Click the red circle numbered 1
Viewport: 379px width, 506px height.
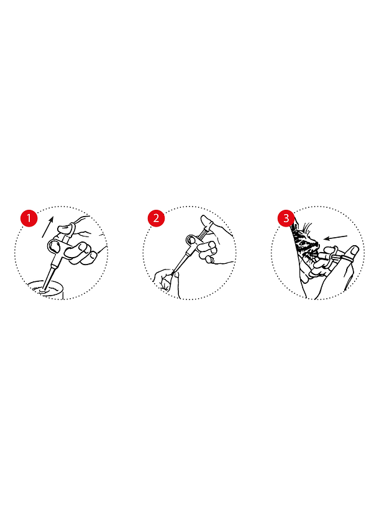pos(29,218)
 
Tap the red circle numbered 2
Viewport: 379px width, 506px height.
pos(157,218)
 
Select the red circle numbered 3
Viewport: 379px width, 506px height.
pos(286,218)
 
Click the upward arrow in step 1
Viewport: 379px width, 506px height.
pos(47,227)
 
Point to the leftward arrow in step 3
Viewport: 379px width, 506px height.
pos(336,238)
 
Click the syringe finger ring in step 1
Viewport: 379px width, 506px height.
pos(55,246)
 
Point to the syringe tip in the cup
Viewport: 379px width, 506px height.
pos(43,291)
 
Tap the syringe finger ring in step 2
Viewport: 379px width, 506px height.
pos(191,240)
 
